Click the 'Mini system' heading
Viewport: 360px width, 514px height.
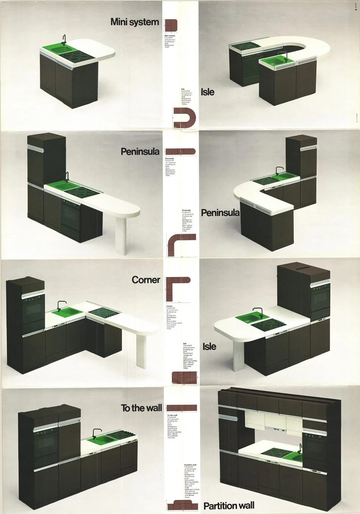[134, 22]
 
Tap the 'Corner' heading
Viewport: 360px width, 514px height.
[146, 280]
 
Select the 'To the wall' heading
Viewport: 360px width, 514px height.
[141, 408]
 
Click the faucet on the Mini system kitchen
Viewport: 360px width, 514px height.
[64, 39]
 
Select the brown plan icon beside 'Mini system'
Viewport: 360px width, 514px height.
[171, 25]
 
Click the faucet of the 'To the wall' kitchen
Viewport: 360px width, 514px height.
[96, 432]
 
